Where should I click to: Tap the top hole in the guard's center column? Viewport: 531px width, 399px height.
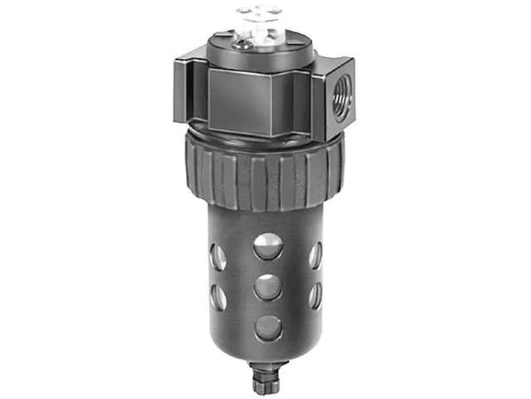[267, 245]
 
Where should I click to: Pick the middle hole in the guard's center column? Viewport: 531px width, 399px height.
[267, 287]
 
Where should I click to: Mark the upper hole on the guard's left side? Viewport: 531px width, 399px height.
[218, 257]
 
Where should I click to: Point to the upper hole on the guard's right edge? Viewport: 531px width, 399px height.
[315, 254]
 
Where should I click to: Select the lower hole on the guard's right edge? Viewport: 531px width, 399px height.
[315, 295]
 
